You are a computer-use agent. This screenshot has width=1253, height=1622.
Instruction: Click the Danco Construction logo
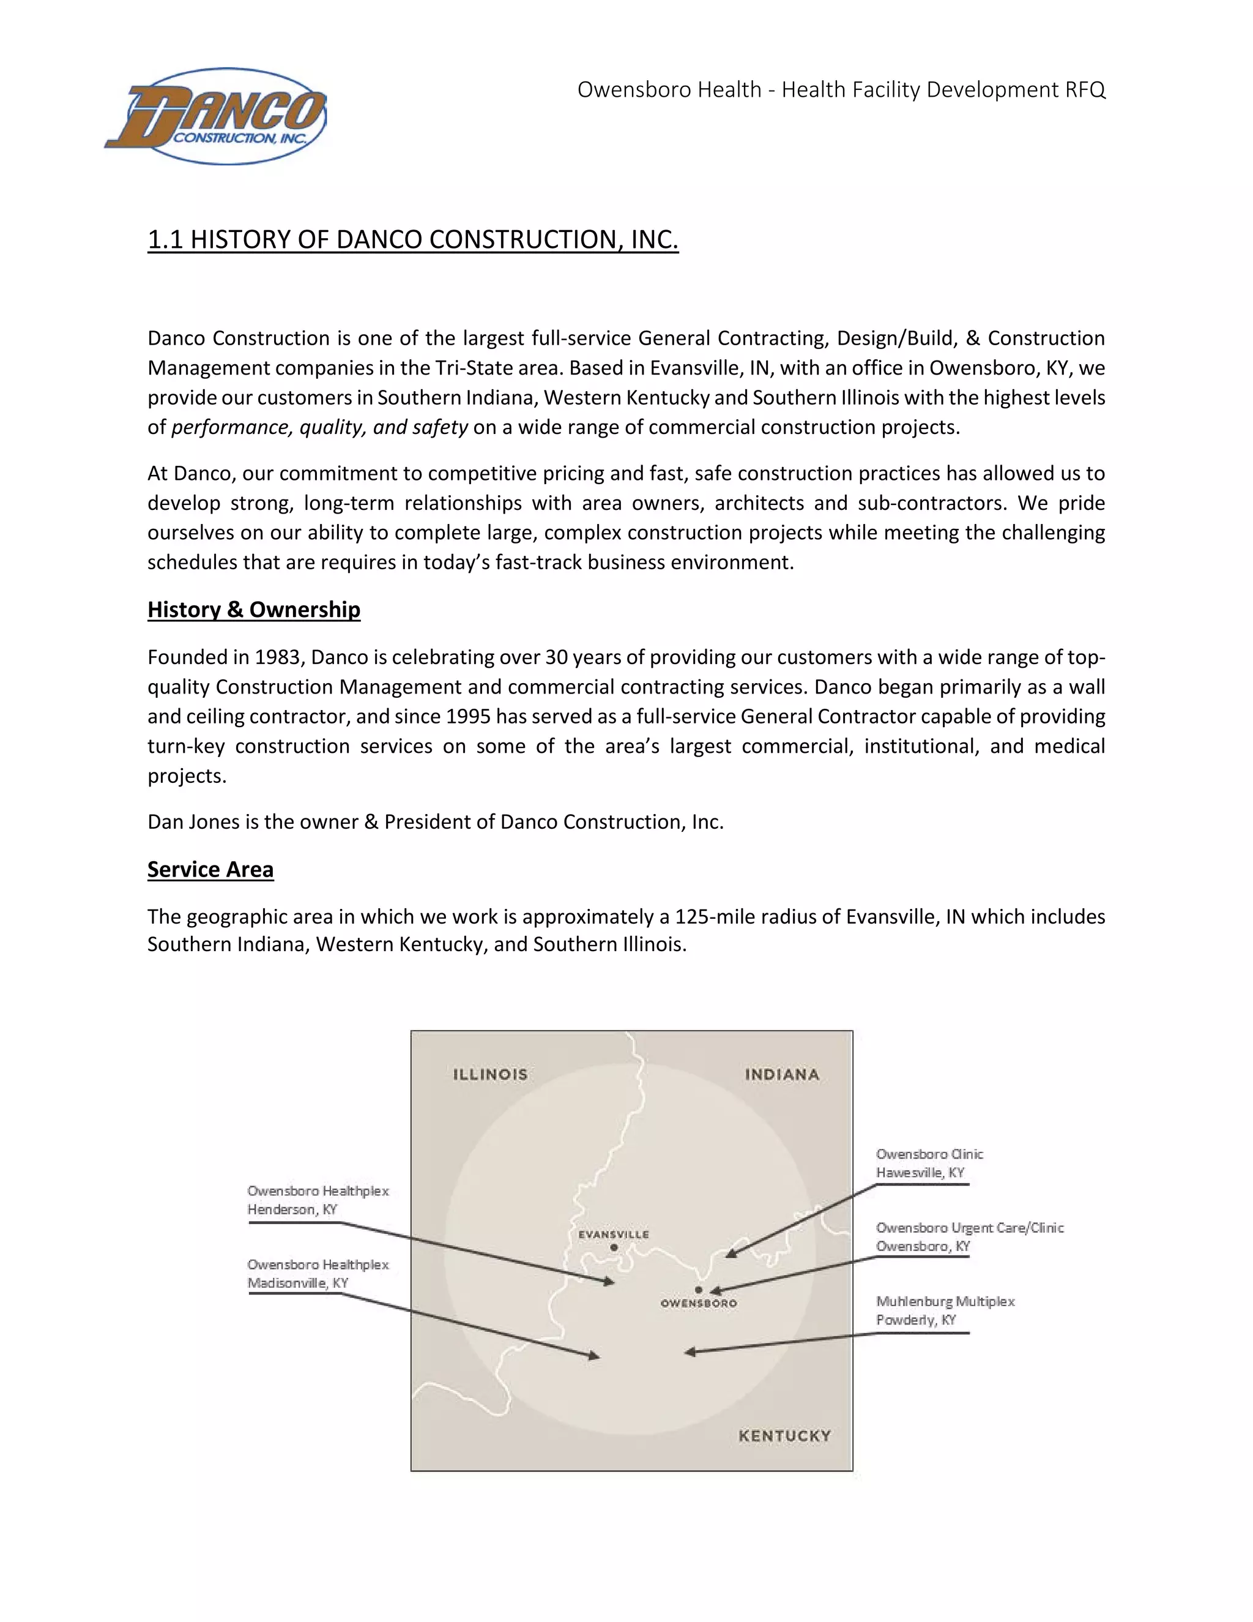click(x=215, y=116)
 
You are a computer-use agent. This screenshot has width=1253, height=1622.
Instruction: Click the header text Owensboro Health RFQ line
click(x=841, y=90)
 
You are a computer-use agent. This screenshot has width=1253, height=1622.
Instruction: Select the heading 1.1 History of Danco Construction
click(x=413, y=240)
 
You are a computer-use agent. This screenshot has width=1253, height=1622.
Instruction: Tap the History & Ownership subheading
click(x=254, y=610)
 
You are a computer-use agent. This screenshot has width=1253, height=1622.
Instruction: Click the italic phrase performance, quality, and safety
click(x=319, y=428)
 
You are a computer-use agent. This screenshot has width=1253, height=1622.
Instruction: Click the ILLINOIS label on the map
click(x=491, y=1075)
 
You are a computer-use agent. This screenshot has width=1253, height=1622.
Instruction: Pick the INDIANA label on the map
click(x=782, y=1075)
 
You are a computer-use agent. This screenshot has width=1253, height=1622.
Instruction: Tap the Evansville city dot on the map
click(x=614, y=1247)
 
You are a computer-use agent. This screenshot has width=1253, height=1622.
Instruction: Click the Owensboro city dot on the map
click(x=699, y=1290)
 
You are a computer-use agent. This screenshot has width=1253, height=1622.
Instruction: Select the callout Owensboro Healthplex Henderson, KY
click(x=318, y=1200)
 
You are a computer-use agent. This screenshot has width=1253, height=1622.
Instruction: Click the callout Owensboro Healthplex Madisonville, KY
click(x=318, y=1274)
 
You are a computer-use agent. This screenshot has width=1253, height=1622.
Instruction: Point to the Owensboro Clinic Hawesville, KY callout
click(x=929, y=1163)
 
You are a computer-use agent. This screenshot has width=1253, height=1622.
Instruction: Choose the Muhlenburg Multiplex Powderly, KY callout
click(x=945, y=1311)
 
